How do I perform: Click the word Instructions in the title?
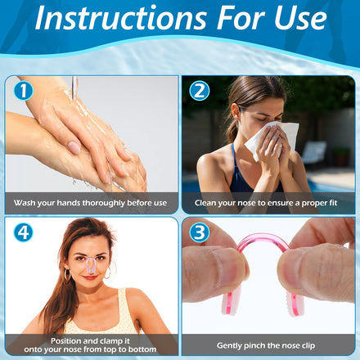click(121, 18)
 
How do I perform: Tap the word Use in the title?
click(300, 18)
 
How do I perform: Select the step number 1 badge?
click(24, 91)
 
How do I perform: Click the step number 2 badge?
click(200, 91)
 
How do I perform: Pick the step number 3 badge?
click(200, 232)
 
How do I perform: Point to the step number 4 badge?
click(24, 232)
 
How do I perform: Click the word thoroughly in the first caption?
click(104, 203)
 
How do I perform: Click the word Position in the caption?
click(65, 341)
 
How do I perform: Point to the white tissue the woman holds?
click(272, 139)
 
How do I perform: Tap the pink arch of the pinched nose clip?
click(263, 236)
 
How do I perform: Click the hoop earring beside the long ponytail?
click(67, 274)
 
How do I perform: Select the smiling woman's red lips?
click(90, 277)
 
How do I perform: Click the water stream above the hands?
click(74, 88)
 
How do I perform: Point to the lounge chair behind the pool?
click(314, 153)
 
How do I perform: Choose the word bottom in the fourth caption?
click(143, 349)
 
